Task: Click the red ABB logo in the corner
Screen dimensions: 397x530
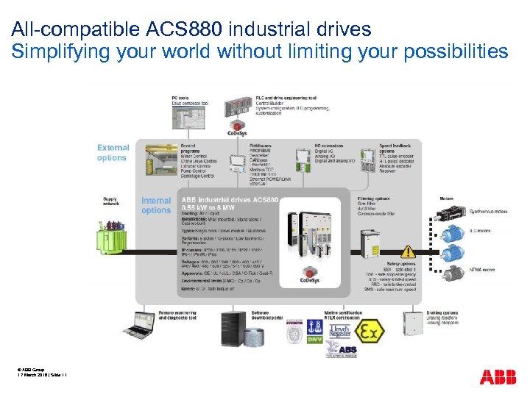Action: (498, 377)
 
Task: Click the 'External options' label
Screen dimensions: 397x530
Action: (112, 153)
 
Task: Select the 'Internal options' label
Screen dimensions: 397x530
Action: (156, 205)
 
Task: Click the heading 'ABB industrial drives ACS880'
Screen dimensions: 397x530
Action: (230, 200)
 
